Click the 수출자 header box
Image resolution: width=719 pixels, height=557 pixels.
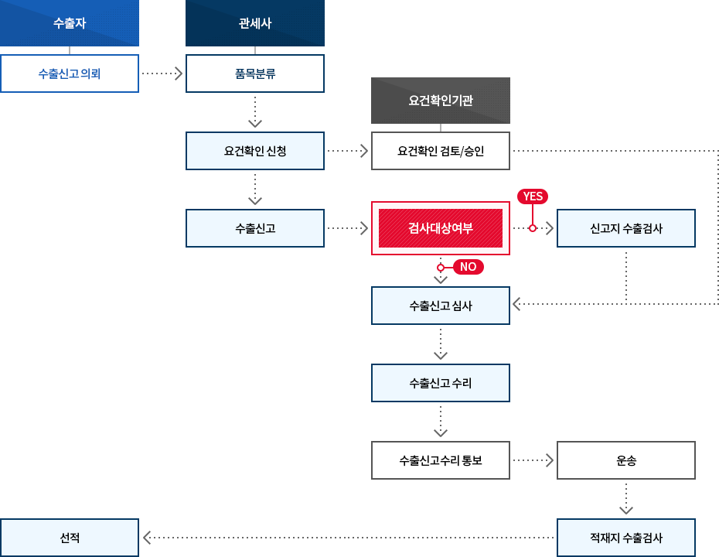[x=70, y=23]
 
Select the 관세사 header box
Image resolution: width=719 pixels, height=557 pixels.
[x=255, y=23]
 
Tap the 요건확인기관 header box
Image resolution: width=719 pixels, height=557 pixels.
[x=441, y=101]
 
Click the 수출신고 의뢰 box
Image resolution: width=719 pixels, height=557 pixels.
[x=70, y=73]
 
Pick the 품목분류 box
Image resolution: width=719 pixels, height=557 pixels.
[x=255, y=73]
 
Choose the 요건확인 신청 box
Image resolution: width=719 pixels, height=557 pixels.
[x=255, y=151]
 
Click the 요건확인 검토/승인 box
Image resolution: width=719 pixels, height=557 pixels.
[x=441, y=151]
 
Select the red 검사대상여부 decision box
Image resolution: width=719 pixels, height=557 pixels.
[x=441, y=228]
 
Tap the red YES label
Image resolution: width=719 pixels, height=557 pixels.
[x=533, y=196]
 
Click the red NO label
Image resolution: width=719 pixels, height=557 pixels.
[x=468, y=267]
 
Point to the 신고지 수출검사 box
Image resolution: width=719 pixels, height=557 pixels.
[x=626, y=228]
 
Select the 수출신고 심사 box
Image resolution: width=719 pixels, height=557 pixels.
[x=441, y=306]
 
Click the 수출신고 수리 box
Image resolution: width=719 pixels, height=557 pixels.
[x=441, y=383]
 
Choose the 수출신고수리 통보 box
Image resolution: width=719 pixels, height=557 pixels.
[x=441, y=460]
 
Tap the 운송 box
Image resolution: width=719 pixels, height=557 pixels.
[x=626, y=460]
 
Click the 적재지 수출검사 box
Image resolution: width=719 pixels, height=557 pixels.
[x=626, y=538]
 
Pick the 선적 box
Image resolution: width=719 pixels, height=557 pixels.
[x=70, y=538]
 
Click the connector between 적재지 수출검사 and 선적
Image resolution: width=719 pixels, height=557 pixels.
[x=348, y=538]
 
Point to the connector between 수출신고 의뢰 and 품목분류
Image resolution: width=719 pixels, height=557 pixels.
[x=162, y=73]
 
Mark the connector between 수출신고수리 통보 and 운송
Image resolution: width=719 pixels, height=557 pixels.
[x=533, y=460]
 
